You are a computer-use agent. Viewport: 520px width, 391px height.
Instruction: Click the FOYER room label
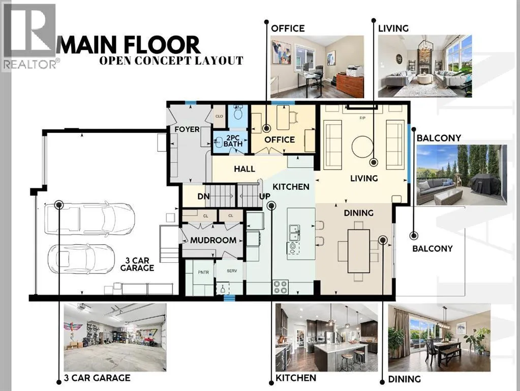(x=187, y=129)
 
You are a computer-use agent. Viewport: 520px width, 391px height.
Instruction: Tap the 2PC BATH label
(x=233, y=141)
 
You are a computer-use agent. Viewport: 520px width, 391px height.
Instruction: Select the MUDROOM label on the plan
(x=213, y=240)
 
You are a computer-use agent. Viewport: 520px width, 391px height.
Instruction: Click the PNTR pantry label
(x=203, y=272)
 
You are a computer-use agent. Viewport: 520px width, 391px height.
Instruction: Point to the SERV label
(x=232, y=271)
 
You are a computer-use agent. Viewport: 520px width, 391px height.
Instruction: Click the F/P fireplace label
(x=362, y=118)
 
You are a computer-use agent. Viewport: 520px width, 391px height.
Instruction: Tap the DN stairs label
(x=204, y=197)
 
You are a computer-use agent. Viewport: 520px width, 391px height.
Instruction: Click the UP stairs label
(x=265, y=197)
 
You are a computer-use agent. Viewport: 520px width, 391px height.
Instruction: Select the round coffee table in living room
(x=362, y=147)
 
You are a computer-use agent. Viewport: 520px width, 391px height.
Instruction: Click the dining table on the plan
(x=358, y=251)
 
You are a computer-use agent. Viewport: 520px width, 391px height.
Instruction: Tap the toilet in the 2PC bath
(x=238, y=113)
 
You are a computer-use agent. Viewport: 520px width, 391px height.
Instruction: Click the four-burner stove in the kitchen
(x=281, y=287)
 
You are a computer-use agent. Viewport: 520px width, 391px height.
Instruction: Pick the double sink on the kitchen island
(x=294, y=233)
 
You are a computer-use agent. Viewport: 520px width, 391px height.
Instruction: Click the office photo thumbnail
(x=317, y=67)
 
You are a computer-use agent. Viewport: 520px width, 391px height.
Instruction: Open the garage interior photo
(x=115, y=337)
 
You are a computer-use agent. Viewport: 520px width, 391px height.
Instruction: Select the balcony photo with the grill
(x=462, y=175)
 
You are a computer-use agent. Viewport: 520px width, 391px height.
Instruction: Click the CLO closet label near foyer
(x=219, y=116)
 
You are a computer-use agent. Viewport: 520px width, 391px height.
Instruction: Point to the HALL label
(x=244, y=169)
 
